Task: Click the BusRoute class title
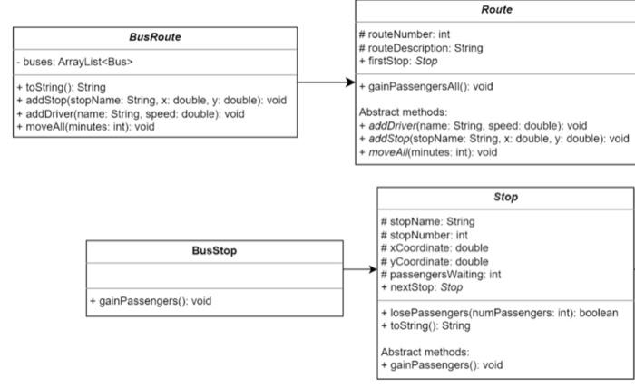pos(155,38)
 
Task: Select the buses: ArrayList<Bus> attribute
pos(75,63)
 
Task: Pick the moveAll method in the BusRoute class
pos(85,127)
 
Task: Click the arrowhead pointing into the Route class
pos(349,82)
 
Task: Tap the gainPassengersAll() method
pos(425,86)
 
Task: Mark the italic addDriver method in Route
pos(473,125)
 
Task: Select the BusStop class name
pos(215,251)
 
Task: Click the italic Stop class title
pos(505,197)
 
